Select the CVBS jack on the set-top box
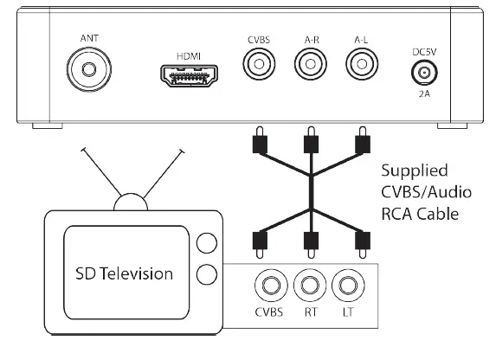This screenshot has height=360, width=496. pyautogui.click(x=257, y=64)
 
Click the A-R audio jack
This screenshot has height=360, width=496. pyautogui.click(x=308, y=64)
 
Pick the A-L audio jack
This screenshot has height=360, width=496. pyautogui.click(x=359, y=64)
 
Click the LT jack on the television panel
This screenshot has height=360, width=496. pyautogui.click(x=348, y=284)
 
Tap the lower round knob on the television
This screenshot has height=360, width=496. pyautogui.click(x=205, y=275)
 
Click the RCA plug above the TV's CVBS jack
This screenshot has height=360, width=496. pyautogui.click(x=256, y=241)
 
